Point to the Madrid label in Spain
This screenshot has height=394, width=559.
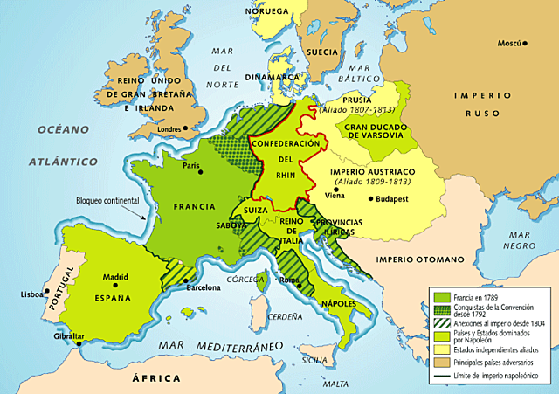(x=115, y=277)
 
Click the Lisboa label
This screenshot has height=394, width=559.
(x=31, y=294)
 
